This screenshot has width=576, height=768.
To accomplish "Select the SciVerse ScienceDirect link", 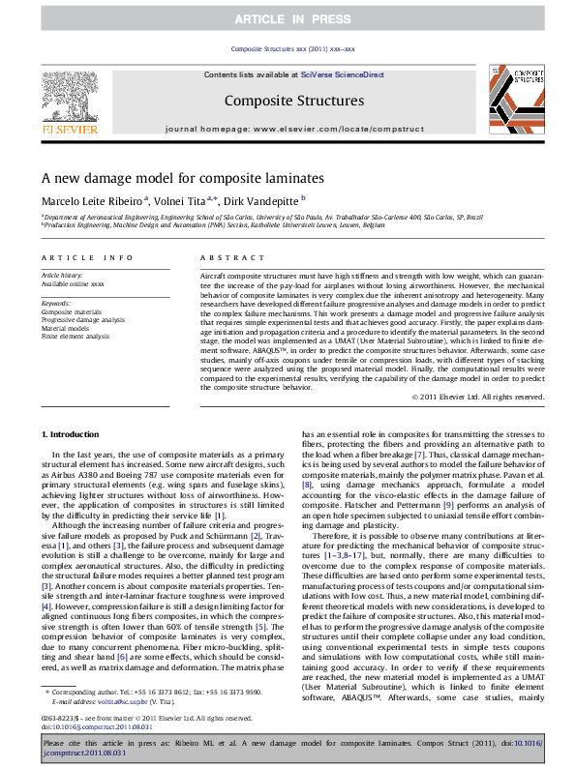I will coord(342,74).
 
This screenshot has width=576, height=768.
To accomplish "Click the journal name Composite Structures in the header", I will coord(293,101).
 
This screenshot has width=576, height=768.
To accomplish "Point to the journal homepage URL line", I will coord(293,128).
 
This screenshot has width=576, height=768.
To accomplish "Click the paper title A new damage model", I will coord(182,179).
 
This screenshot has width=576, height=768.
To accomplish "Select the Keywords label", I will coord(56,304).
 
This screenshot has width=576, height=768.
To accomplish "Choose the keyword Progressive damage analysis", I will coord(82,319).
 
